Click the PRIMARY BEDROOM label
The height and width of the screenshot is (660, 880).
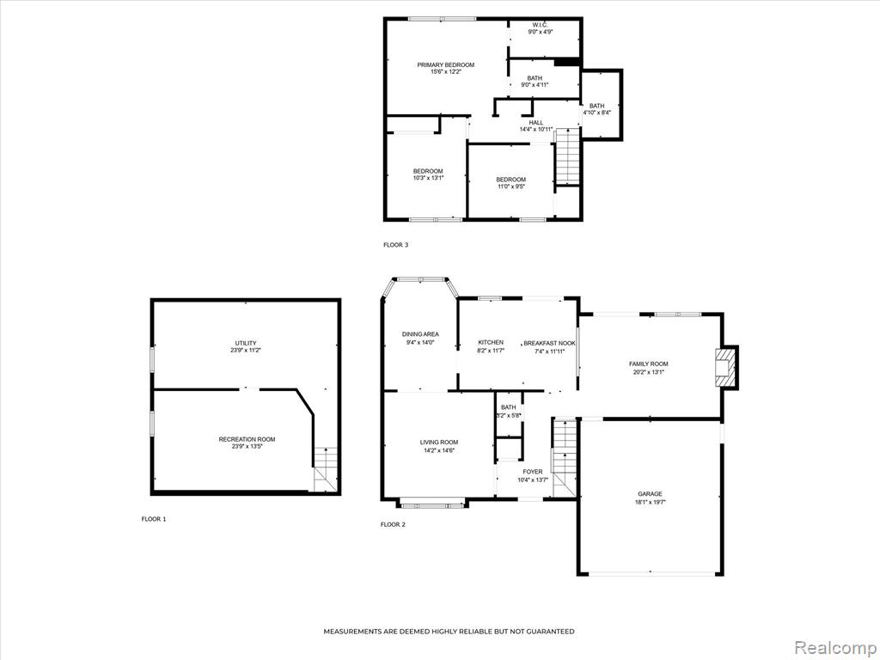click(x=446, y=64)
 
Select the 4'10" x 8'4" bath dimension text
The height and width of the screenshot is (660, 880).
click(x=596, y=113)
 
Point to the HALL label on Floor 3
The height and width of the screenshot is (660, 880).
click(x=536, y=122)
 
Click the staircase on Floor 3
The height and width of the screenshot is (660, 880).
click(x=567, y=156)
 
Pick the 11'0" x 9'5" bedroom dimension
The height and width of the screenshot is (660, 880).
click(x=510, y=186)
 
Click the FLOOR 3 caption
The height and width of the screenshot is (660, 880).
click(x=395, y=245)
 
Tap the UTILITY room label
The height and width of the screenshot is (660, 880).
click(x=246, y=343)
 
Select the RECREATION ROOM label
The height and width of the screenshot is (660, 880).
click(x=247, y=439)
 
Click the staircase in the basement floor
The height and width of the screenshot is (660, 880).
click(x=326, y=470)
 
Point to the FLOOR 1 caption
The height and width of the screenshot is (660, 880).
click(x=154, y=519)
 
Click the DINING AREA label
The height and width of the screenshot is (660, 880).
click(x=420, y=334)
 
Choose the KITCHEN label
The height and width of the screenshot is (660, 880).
click(x=491, y=342)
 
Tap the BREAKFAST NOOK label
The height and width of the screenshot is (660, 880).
click(x=549, y=343)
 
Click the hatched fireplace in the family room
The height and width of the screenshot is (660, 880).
click(x=724, y=367)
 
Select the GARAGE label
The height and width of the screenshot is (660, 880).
click(x=650, y=494)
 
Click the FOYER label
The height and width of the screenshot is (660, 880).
click(x=533, y=472)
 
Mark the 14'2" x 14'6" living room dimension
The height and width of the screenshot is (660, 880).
click(x=439, y=449)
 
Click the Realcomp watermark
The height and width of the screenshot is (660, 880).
click(x=834, y=647)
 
